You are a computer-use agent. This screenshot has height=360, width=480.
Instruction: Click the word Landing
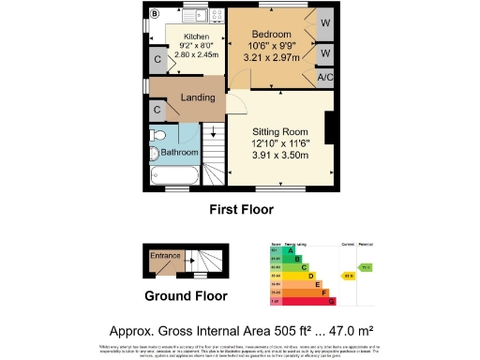point(198,97)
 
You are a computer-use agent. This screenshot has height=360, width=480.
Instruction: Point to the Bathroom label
point(179,152)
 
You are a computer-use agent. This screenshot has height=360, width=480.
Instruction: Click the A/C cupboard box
point(326,77)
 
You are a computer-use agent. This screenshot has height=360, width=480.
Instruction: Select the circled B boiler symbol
point(156,12)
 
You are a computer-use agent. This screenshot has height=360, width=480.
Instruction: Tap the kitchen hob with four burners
point(216,16)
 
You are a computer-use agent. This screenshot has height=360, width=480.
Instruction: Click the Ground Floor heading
point(186,295)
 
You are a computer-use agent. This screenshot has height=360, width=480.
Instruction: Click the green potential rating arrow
point(367,267)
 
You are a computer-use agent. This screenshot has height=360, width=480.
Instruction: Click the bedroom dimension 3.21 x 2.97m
point(271,56)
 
